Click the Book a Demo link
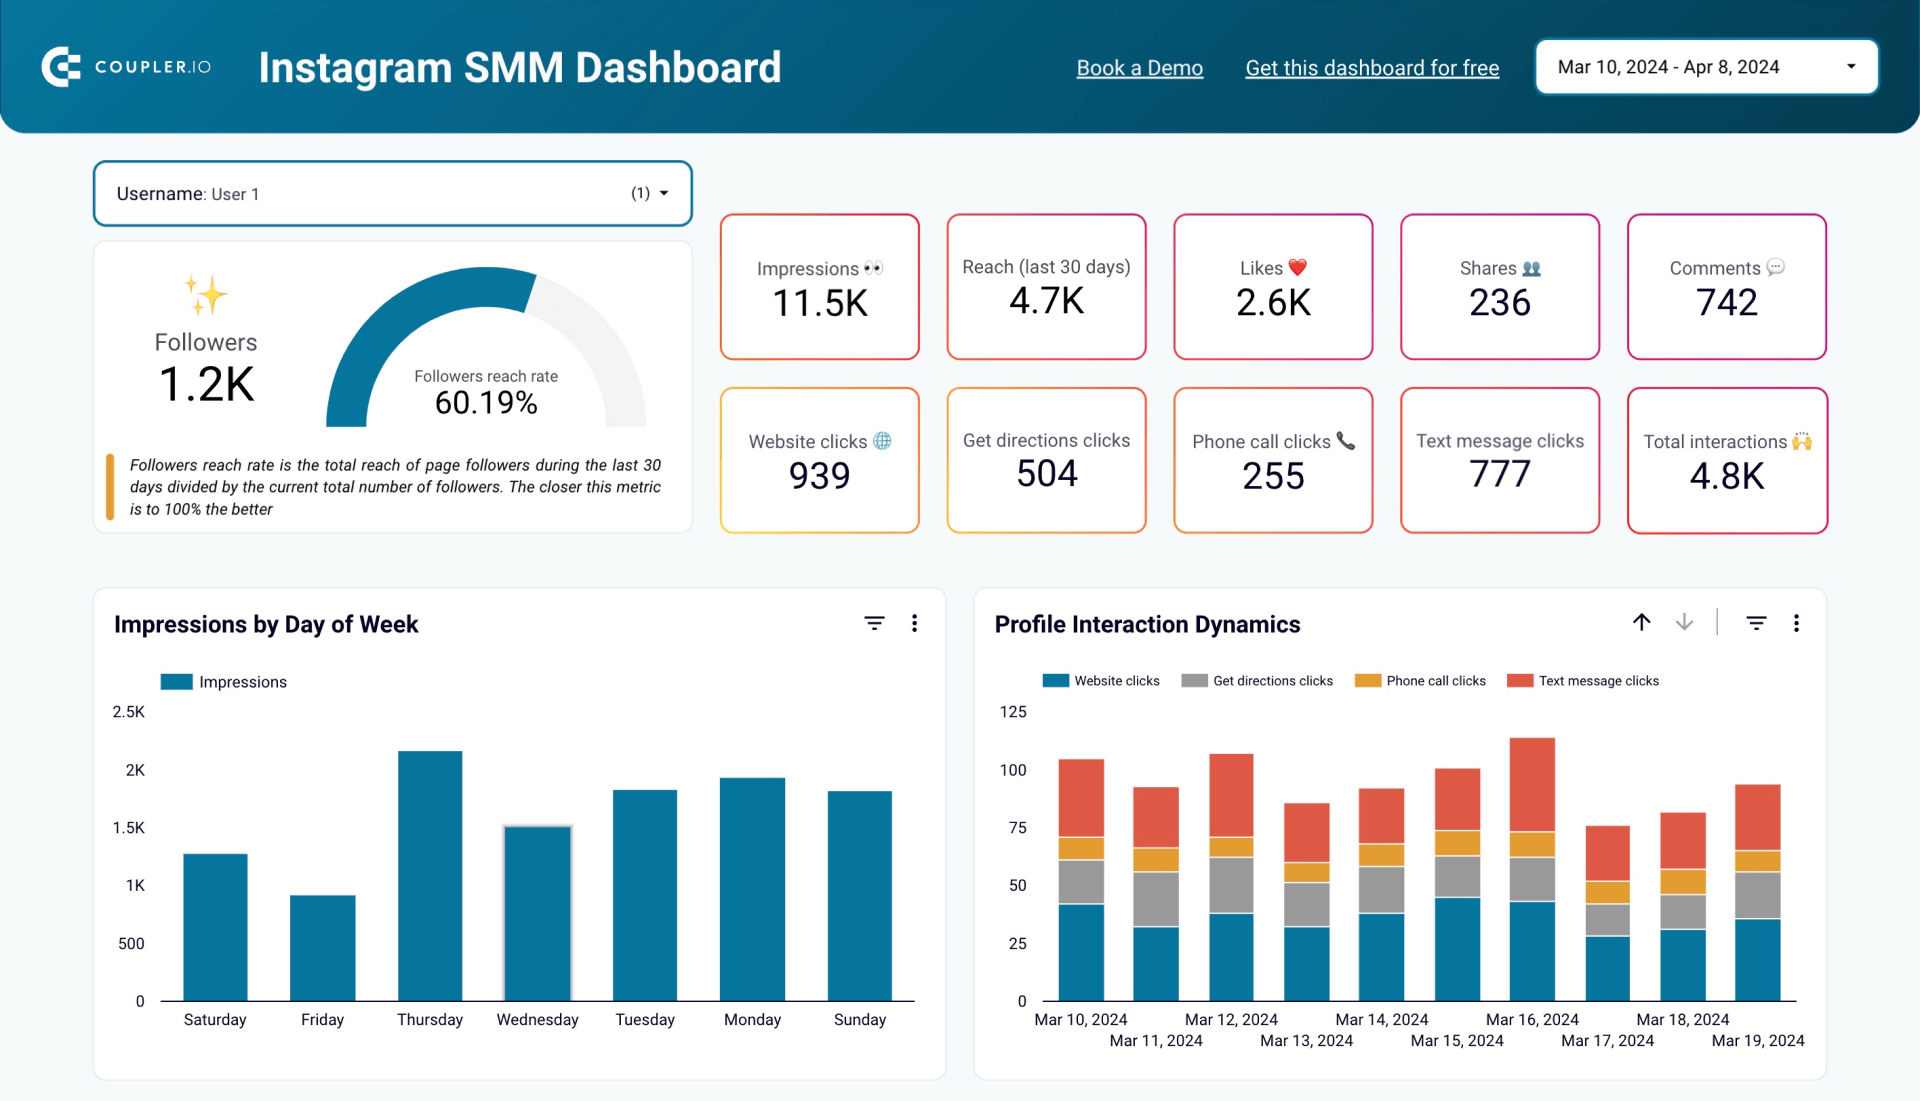click(1139, 68)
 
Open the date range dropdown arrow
click(1851, 67)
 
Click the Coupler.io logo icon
click(61, 67)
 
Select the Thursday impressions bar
click(430, 875)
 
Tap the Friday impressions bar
click(322, 947)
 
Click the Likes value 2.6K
click(1273, 303)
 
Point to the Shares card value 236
click(1499, 303)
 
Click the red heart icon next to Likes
click(1298, 267)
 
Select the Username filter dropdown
click(392, 194)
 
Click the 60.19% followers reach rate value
click(486, 403)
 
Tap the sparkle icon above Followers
click(206, 295)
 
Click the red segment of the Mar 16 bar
click(1532, 784)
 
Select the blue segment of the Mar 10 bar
click(1081, 952)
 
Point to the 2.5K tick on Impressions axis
click(128, 712)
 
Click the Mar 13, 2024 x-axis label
click(1306, 1041)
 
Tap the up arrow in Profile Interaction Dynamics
click(1642, 623)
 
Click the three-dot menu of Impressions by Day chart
click(914, 624)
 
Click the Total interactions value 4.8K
click(1727, 477)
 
